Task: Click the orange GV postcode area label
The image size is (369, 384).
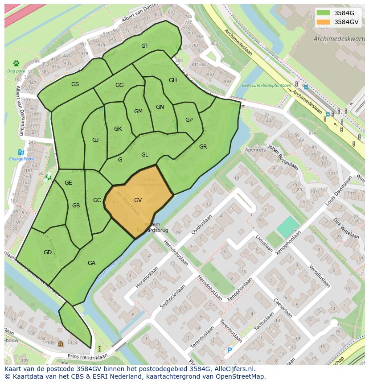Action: (138, 200)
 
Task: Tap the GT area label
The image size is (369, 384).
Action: (145, 46)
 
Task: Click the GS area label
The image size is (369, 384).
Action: (75, 84)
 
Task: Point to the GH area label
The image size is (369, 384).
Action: (173, 80)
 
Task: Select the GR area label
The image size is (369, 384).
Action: (203, 147)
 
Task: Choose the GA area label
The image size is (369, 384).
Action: (91, 263)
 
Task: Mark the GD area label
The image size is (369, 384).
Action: (48, 252)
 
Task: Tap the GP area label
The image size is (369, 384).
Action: (189, 120)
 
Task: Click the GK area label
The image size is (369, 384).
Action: (118, 129)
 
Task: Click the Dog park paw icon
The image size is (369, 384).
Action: (16, 63)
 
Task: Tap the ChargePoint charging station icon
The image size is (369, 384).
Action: (21, 153)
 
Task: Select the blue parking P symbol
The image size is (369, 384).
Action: (230, 351)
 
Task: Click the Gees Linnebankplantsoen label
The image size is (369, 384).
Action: (266, 85)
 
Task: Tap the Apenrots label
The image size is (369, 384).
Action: (255, 150)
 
